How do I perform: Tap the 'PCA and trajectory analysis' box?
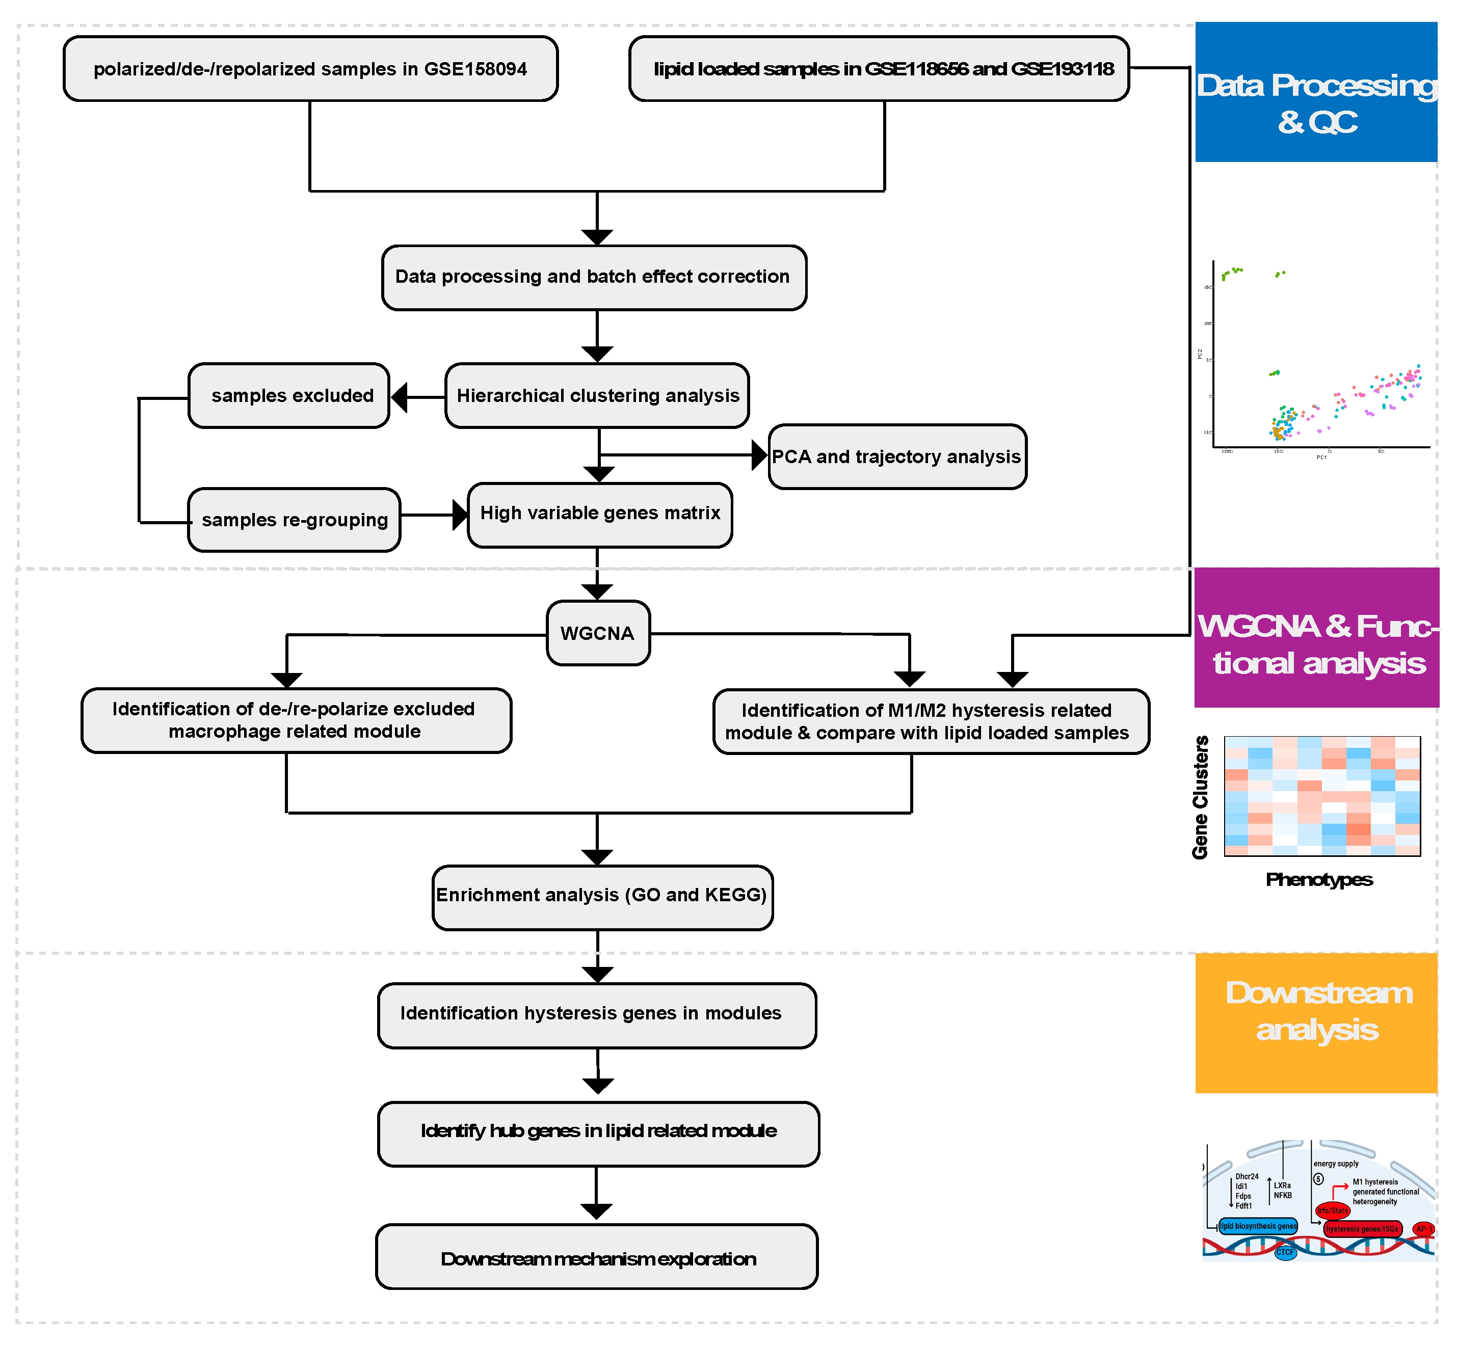coord(896,456)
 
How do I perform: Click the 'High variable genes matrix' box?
coord(600,514)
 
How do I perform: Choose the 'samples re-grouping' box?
coord(294,520)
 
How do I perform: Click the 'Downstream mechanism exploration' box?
coord(597,1259)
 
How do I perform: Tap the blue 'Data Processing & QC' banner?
coord(1315,93)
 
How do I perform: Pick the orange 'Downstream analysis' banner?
coord(1315,1022)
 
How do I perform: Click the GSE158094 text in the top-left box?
coord(475,69)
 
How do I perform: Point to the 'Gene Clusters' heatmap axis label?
coord(1200,797)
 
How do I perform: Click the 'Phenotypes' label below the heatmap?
coord(1318,880)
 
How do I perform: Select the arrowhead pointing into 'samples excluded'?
coord(399,397)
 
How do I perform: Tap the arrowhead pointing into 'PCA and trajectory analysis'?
coord(759,455)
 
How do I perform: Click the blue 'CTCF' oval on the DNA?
coord(1285,1252)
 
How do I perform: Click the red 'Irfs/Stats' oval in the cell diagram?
coord(1332,1211)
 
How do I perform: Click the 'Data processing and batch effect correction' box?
coord(594,277)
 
